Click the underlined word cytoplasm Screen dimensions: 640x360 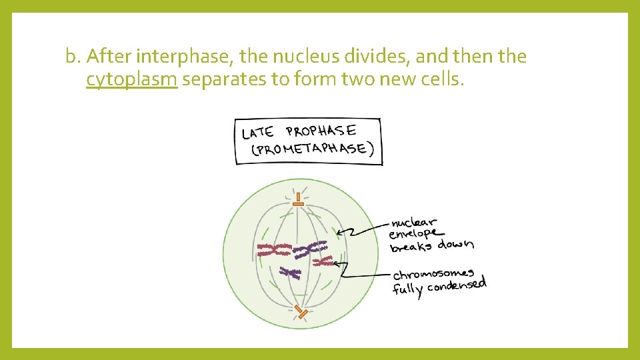tap(131, 81)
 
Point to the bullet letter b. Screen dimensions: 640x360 tap(72, 57)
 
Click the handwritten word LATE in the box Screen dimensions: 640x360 tap(257, 131)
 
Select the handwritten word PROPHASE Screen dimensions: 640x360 tap(321, 131)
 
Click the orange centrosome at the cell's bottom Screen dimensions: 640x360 tap(301, 311)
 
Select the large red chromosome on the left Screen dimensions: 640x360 tap(274, 251)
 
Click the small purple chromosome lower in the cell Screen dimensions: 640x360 tap(290, 271)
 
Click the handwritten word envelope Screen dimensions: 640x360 tap(414, 234)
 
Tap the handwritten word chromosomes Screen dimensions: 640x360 tap(433, 275)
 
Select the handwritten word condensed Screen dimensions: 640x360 tap(457, 286)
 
